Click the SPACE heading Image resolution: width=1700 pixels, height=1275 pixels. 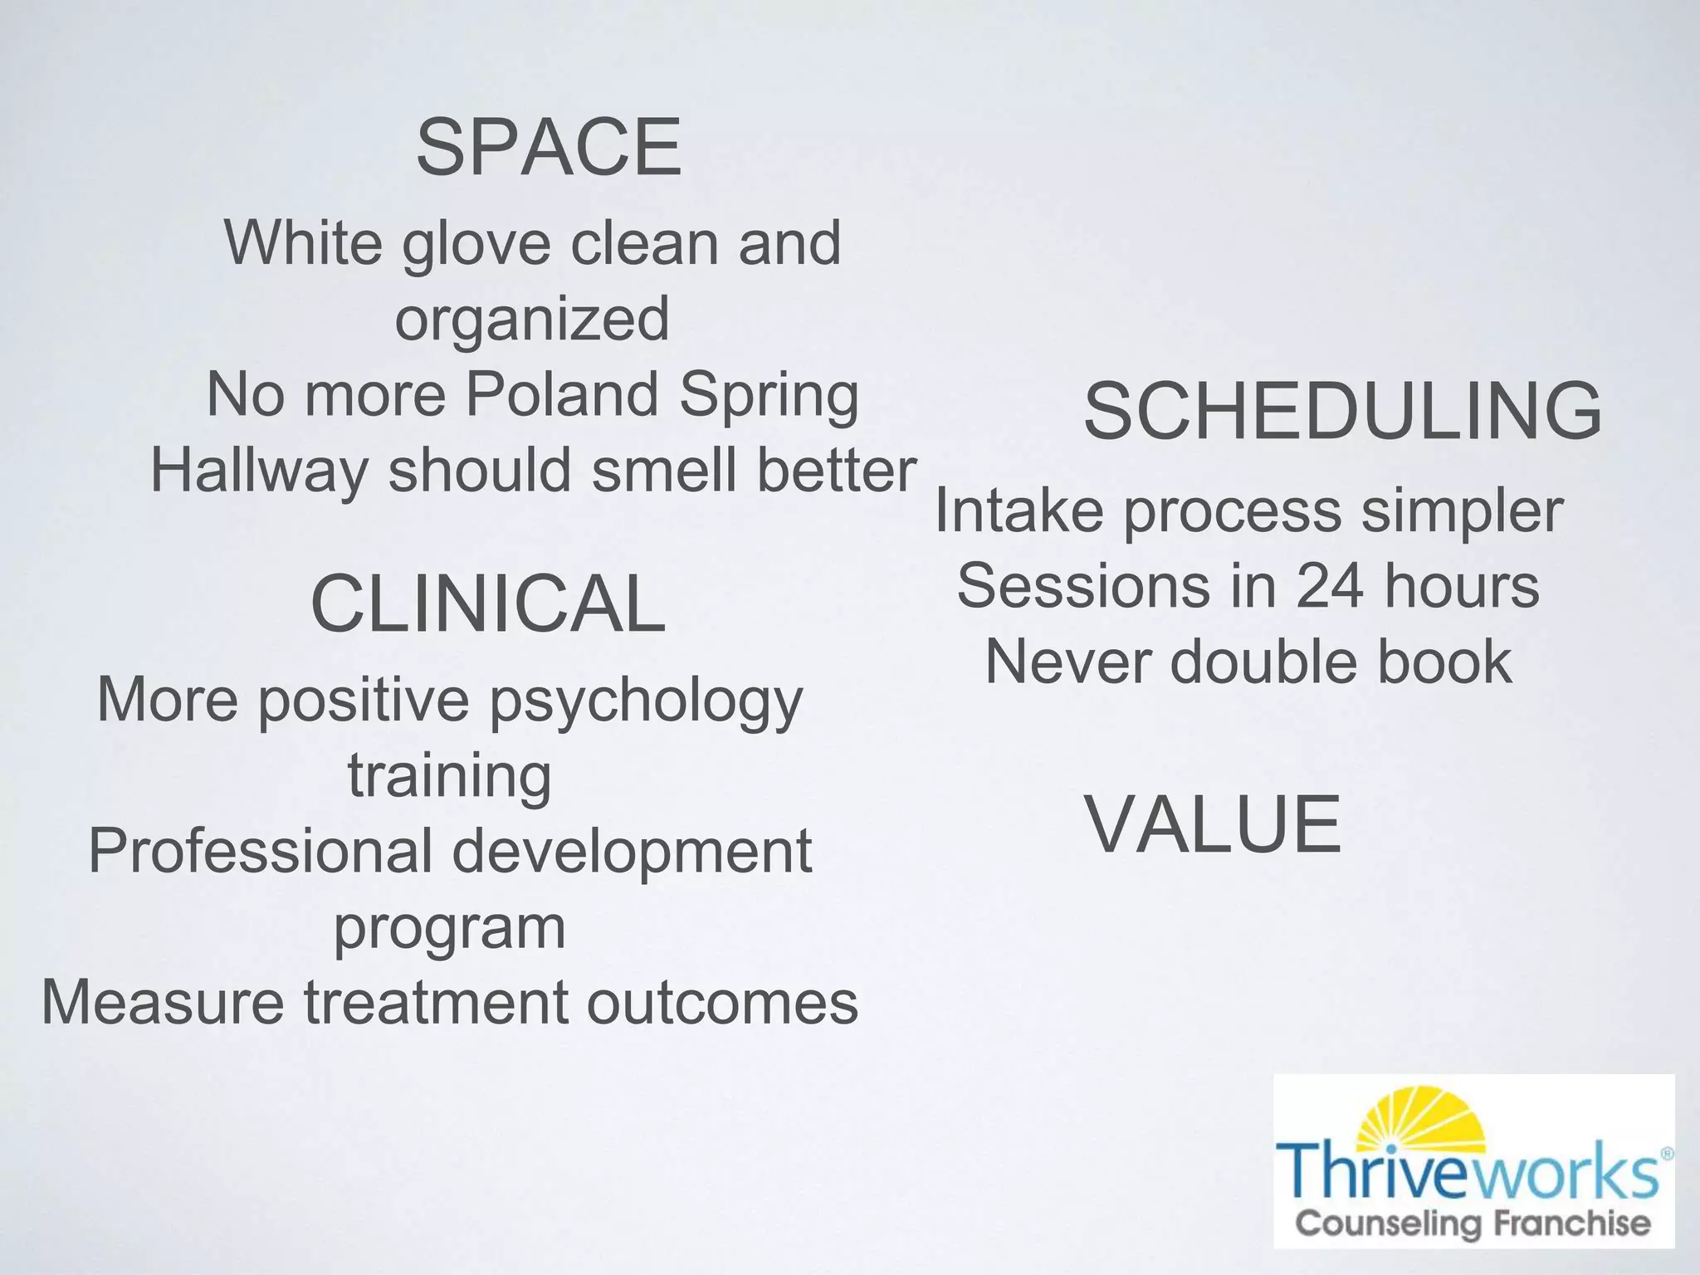[x=549, y=148]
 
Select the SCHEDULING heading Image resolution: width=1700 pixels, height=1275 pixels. [x=1342, y=411]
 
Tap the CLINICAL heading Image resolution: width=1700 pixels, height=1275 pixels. [x=487, y=603]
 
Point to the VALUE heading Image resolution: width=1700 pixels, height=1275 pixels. [x=1213, y=824]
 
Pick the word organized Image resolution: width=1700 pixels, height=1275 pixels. [x=531, y=319]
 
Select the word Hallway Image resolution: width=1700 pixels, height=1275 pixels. [x=258, y=471]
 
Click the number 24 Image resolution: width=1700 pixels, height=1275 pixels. [x=1330, y=586]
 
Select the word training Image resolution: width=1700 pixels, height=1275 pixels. [x=449, y=776]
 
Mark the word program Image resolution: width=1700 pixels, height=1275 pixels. [x=449, y=928]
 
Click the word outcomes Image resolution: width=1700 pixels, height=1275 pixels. [x=721, y=1002]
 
